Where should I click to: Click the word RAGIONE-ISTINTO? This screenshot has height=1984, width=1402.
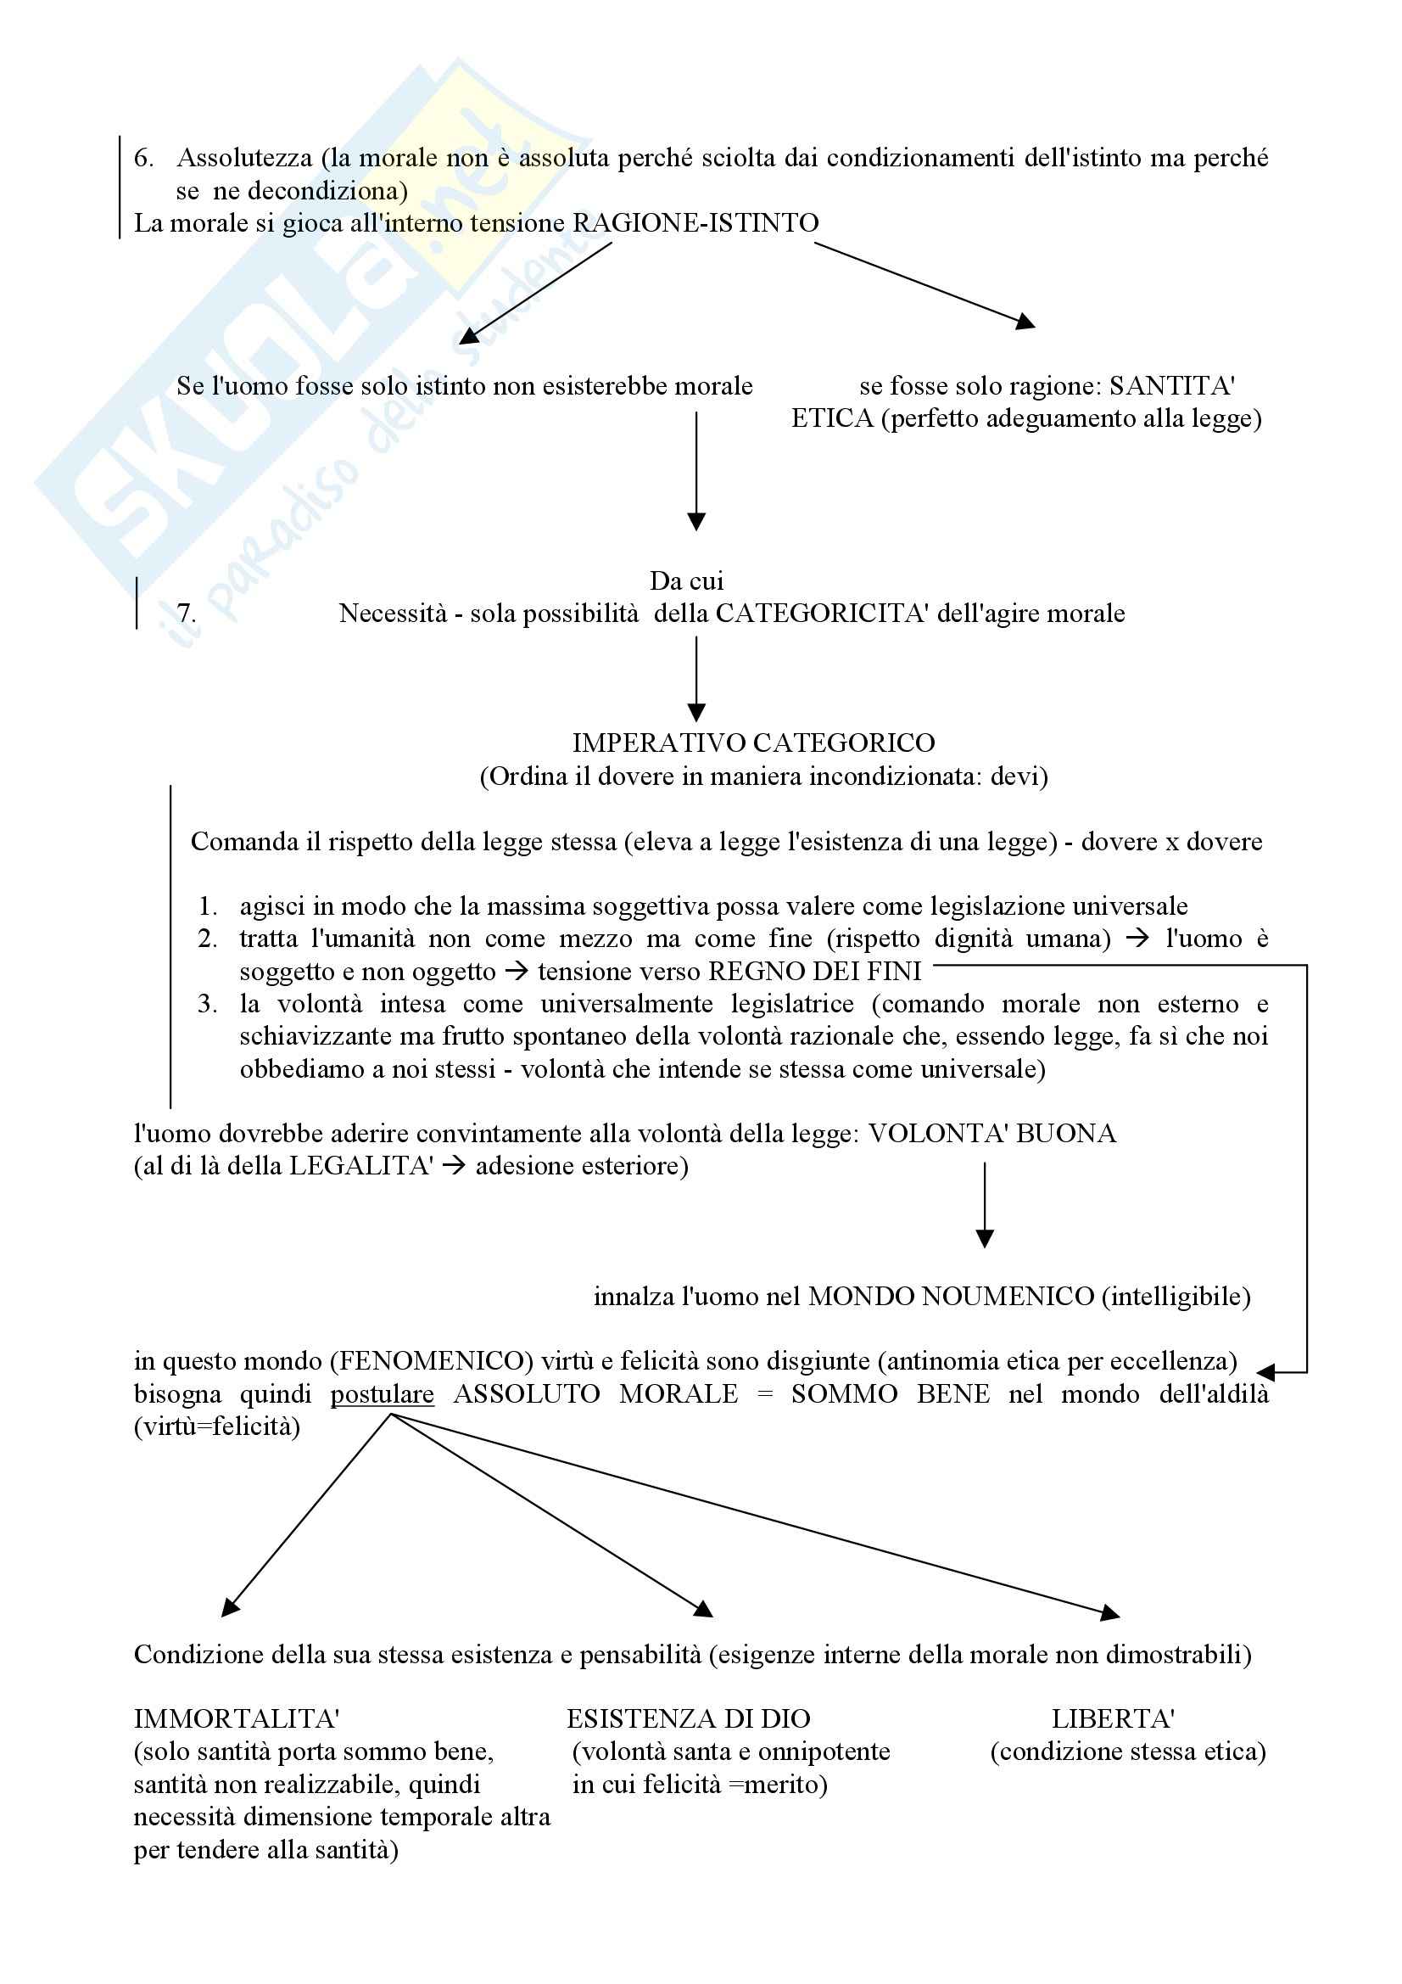(695, 224)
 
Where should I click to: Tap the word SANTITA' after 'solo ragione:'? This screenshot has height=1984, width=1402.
(1171, 386)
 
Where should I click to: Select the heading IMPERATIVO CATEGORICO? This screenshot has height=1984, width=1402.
(753, 743)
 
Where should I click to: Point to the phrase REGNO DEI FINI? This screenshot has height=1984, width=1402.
(814, 972)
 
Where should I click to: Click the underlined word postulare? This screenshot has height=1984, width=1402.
(382, 1394)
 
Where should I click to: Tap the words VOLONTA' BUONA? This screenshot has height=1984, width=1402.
(991, 1134)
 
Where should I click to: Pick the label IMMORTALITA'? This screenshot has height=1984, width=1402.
(236, 1718)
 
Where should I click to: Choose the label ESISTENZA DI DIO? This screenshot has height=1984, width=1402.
(688, 1718)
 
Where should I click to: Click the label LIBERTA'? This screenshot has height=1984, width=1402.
(1113, 1718)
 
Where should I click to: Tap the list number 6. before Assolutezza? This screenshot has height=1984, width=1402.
(143, 158)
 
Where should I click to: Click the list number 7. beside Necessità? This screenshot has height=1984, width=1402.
(186, 614)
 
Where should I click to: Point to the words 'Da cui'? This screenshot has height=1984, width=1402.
(686, 580)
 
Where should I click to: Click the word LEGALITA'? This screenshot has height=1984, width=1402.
(360, 1167)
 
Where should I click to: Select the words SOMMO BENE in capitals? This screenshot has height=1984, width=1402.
(890, 1394)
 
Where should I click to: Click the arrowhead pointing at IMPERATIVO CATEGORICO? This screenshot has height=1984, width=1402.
(696, 713)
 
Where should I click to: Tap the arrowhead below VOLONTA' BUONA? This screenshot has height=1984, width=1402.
(984, 1238)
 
